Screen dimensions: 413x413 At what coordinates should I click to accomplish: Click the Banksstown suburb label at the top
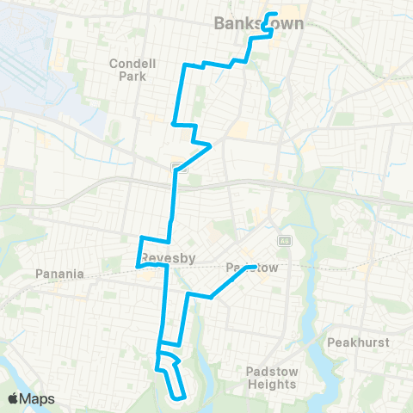pyautogui.click(x=258, y=24)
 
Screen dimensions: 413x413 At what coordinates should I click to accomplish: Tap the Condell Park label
pyautogui.click(x=128, y=69)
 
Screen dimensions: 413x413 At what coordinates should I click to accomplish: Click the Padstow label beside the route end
pyautogui.click(x=252, y=268)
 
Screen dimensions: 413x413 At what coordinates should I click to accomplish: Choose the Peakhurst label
pyautogui.click(x=359, y=342)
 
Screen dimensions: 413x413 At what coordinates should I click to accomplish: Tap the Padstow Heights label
pyautogui.click(x=271, y=378)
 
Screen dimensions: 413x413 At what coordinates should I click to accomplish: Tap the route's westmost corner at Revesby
pyautogui.click(x=138, y=267)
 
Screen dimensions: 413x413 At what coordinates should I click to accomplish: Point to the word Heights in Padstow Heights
pyautogui.click(x=271, y=385)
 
